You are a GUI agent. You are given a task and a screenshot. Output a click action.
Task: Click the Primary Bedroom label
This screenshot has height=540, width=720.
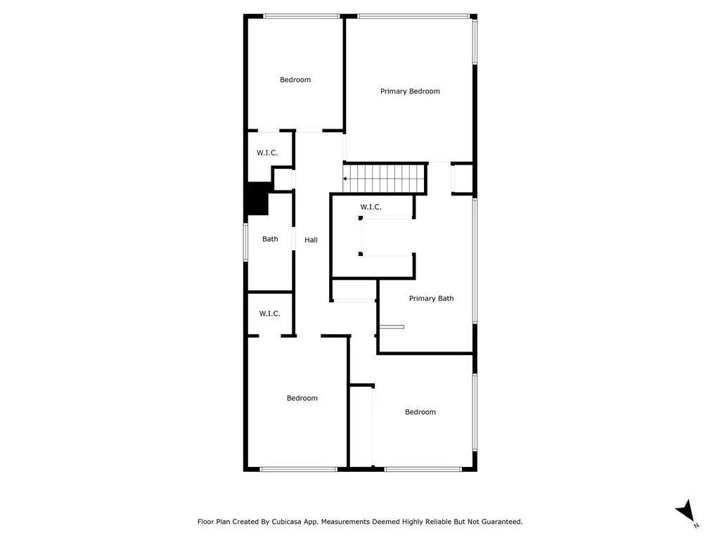pyautogui.click(x=410, y=91)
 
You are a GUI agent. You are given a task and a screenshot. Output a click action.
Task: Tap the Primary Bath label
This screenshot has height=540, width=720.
pyautogui.click(x=431, y=298)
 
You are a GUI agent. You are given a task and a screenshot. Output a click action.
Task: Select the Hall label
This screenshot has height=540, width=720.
pyautogui.click(x=311, y=240)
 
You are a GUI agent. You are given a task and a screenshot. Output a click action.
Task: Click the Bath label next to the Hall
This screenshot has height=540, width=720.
pyautogui.click(x=270, y=239)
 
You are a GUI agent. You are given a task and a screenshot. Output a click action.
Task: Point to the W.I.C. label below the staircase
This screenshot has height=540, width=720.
pyautogui.click(x=371, y=207)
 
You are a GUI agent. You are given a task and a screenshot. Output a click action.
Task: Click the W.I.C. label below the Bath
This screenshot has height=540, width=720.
pyautogui.click(x=269, y=314)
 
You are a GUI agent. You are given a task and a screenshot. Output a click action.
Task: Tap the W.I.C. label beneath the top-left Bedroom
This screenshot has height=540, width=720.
pyautogui.click(x=267, y=153)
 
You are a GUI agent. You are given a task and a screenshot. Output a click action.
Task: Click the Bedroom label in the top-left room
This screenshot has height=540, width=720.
pyautogui.click(x=295, y=80)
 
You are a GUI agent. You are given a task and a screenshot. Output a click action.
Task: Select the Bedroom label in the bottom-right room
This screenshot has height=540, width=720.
pyautogui.click(x=420, y=412)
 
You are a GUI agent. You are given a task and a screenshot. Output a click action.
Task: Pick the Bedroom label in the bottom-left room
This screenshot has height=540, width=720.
pyautogui.click(x=302, y=398)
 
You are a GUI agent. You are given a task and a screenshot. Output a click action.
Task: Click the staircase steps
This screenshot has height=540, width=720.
pyautogui.click(x=384, y=179)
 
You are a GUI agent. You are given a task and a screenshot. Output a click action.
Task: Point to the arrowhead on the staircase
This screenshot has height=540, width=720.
pyautogui.click(x=345, y=179)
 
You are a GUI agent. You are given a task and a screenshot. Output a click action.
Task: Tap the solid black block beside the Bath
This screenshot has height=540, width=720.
pyautogui.click(x=258, y=199)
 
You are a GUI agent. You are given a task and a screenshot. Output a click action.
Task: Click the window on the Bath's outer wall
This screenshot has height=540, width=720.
pyautogui.click(x=245, y=242)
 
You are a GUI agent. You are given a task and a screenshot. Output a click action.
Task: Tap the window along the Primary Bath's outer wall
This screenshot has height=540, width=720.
pyautogui.click(x=475, y=261)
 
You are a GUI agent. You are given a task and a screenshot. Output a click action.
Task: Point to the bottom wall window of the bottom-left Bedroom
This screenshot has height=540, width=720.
pyautogui.click(x=298, y=469)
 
